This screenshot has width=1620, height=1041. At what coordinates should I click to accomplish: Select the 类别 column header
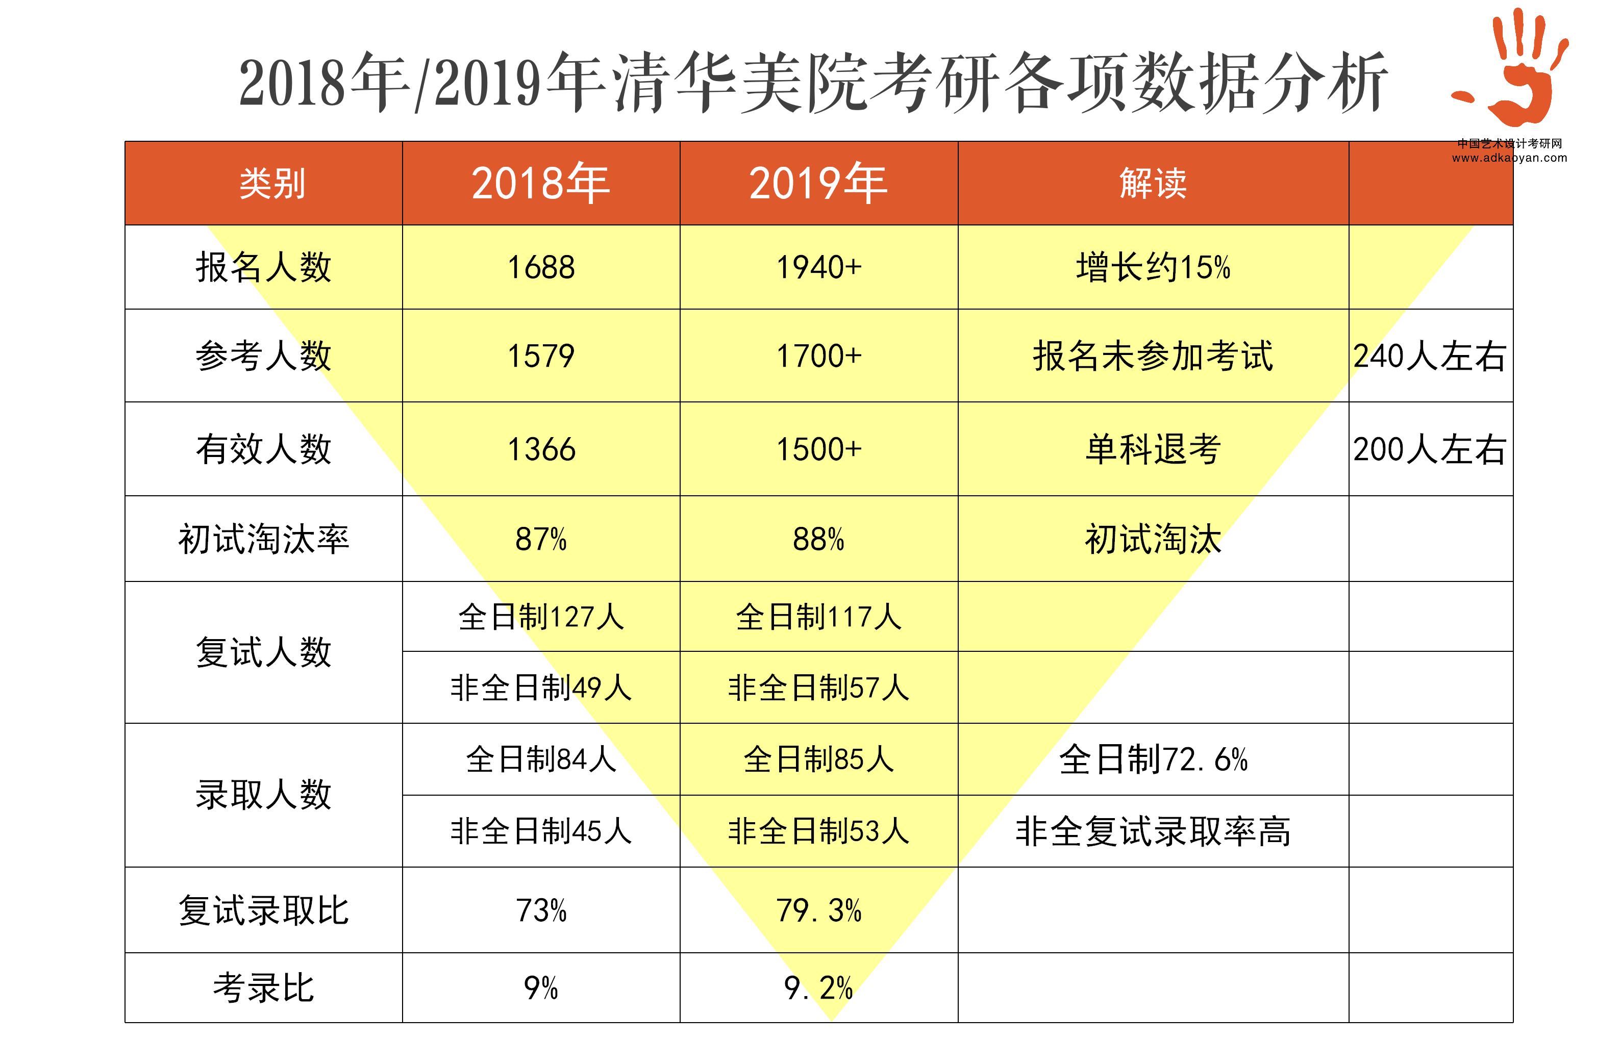(x=272, y=183)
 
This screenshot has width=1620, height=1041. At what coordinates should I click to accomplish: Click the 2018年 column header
(x=540, y=183)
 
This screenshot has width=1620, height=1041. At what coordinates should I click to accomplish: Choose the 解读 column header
(x=1152, y=183)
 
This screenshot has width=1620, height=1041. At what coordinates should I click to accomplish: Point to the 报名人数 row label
(x=264, y=267)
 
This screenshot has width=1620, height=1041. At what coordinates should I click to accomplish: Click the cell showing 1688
(x=540, y=267)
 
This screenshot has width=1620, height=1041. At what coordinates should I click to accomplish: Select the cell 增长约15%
(x=1152, y=267)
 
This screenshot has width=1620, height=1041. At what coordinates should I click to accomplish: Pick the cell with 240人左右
(x=1429, y=356)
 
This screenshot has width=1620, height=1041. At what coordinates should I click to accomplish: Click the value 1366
(x=540, y=449)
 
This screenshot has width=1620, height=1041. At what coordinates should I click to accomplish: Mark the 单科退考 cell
(x=1152, y=449)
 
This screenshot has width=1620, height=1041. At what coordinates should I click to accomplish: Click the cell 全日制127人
(x=540, y=617)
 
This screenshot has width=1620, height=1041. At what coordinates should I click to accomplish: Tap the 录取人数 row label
(x=264, y=794)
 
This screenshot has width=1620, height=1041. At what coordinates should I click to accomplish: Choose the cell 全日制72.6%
(x=1152, y=759)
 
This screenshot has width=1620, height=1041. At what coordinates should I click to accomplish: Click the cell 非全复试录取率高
(x=1152, y=831)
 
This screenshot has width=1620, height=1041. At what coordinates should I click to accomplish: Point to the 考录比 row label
(x=264, y=987)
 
